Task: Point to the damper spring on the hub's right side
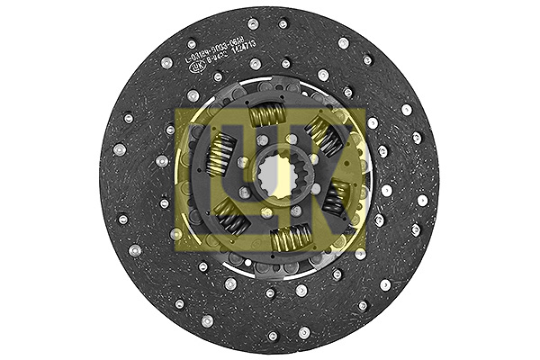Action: click(x=337, y=197)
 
